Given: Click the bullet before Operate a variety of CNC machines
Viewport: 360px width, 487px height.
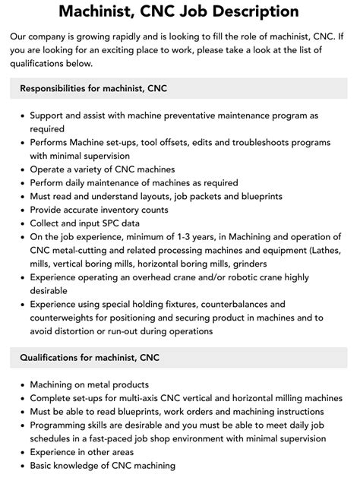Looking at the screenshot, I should point(21,169).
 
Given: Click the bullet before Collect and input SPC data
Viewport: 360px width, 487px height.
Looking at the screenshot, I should point(21,224).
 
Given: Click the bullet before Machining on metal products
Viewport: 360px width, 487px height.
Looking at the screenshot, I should point(21,384).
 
